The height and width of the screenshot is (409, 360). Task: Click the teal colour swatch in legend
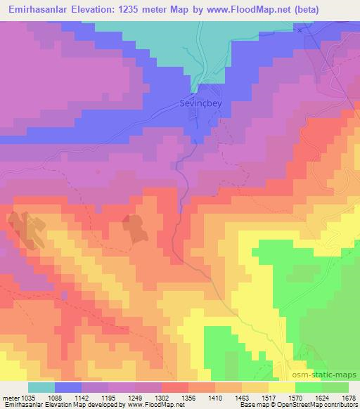(x=41, y=388)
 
